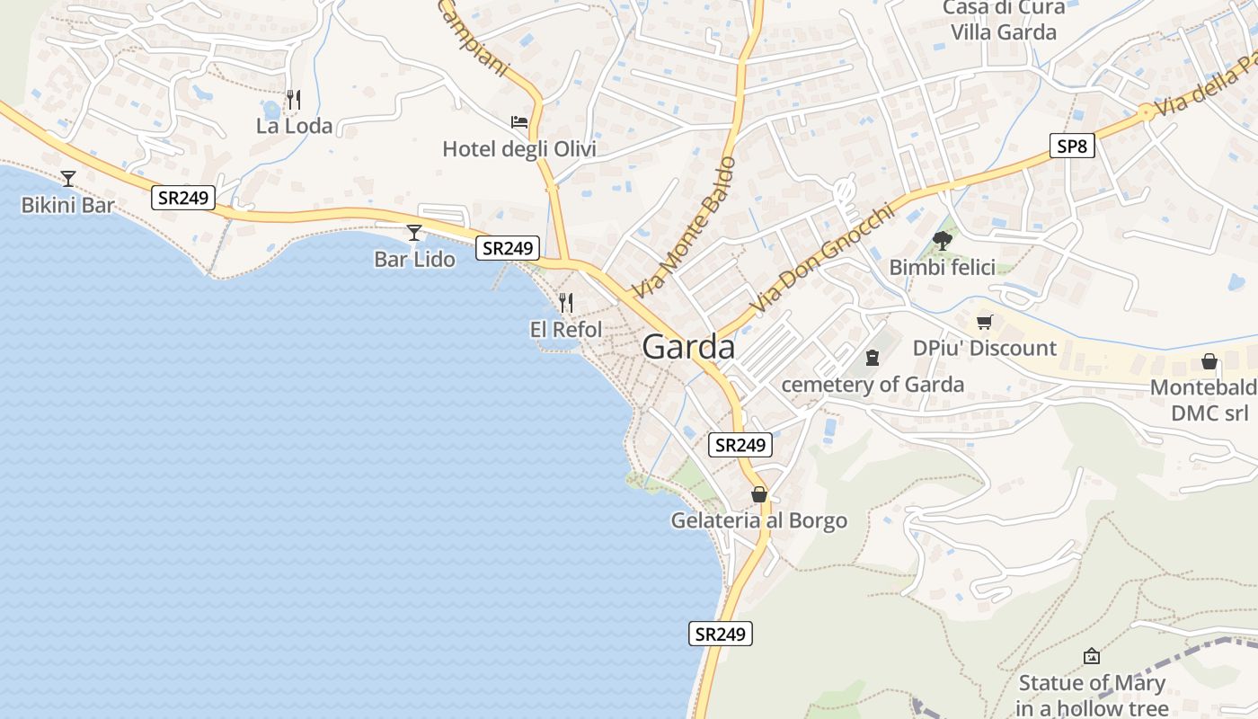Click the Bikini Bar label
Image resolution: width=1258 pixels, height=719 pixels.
click(x=67, y=206)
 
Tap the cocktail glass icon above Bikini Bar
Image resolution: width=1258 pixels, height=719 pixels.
click(x=68, y=178)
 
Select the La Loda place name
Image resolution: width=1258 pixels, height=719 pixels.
click(x=294, y=126)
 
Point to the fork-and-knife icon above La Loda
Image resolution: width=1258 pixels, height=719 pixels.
click(x=293, y=98)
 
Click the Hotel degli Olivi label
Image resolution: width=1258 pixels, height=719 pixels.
click(x=518, y=149)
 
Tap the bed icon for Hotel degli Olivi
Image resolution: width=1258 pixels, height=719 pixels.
click(x=519, y=121)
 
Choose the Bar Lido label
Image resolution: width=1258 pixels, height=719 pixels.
click(x=414, y=260)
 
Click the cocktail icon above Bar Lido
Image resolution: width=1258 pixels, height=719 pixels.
click(x=414, y=233)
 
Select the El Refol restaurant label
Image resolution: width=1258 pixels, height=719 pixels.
click(x=566, y=330)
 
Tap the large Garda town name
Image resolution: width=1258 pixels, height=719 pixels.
click(x=688, y=347)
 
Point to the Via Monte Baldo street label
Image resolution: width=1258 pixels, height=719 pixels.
click(x=684, y=228)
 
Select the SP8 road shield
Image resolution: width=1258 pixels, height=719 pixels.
click(x=1071, y=146)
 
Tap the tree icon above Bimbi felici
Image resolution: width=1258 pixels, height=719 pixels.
click(x=943, y=240)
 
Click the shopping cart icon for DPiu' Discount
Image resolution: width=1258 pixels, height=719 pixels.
click(x=985, y=321)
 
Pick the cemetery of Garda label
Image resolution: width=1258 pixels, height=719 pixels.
click(x=873, y=385)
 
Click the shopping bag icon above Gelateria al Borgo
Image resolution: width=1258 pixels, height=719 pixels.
click(x=759, y=494)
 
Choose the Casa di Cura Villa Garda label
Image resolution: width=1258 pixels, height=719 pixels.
click(x=1004, y=20)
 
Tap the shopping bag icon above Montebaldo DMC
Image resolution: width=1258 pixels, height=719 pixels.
click(x=1209, y=361)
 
